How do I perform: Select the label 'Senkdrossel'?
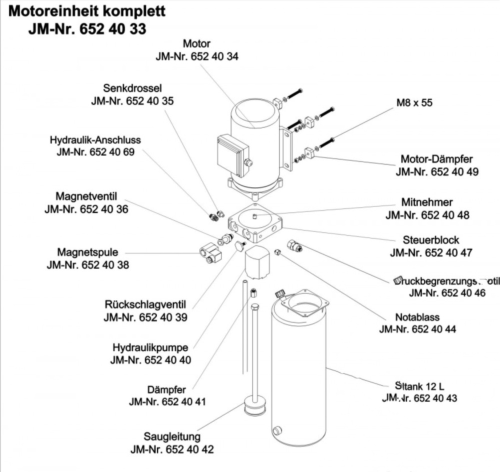[132, 88]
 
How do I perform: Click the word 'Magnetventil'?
[86, 196]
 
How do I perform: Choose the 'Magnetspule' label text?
[87, 252]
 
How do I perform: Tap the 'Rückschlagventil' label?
[145, 304]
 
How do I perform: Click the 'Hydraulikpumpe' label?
[150, 347]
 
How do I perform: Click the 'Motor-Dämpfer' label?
[436, 159]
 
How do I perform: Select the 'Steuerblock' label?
[431, 240]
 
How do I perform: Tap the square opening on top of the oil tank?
[304, 303]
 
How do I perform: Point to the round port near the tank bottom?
[276, 430]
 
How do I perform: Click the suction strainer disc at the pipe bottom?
[254, 406]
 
